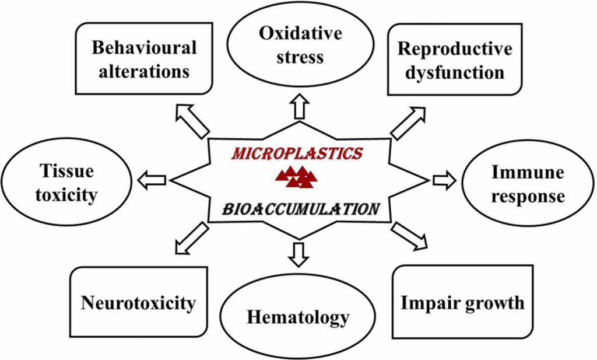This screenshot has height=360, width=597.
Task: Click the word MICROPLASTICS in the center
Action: pyautogui.click(x=297, y=155)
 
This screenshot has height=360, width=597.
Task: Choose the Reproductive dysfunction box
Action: pyautogui.click(x=455, y=60)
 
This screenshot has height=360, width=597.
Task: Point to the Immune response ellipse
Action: pyautogui.click(x=528, y=184)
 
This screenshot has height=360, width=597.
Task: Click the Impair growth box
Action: pyautogui.click(x=462, y=302)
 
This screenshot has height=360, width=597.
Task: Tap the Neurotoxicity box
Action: pyautogui.click(x=138, y=302)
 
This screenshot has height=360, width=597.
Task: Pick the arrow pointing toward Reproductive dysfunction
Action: pyautogui.click(x=408, y=123)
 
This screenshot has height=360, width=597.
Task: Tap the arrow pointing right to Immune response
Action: pyautogui.click(x=444, y=180)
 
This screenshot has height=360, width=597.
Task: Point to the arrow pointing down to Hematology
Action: pyautogui.click(x=298, y=254)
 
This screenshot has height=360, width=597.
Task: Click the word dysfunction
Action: pyautogui.click(x=455, y=72)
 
